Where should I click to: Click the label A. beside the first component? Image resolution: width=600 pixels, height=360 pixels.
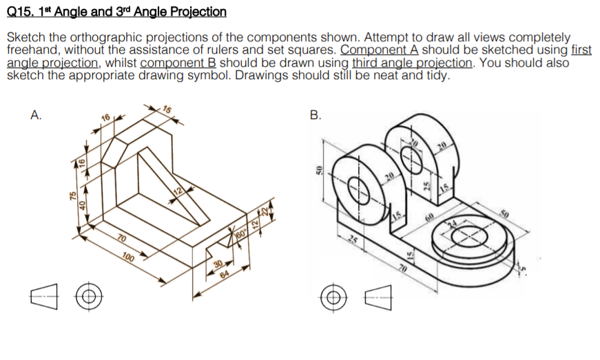point(35,116)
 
